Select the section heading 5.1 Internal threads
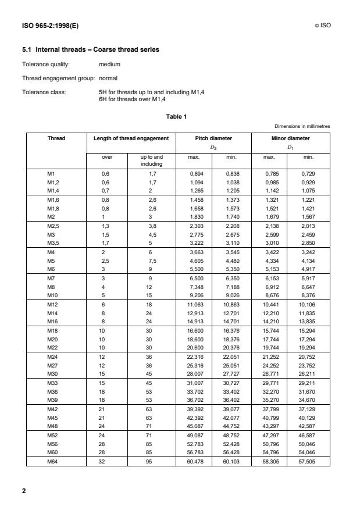90,49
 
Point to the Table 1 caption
176,116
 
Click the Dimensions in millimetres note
302,126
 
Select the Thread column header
56,138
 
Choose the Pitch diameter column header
213,138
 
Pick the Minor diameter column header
291,138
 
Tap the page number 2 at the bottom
24,491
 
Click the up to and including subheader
152,161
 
